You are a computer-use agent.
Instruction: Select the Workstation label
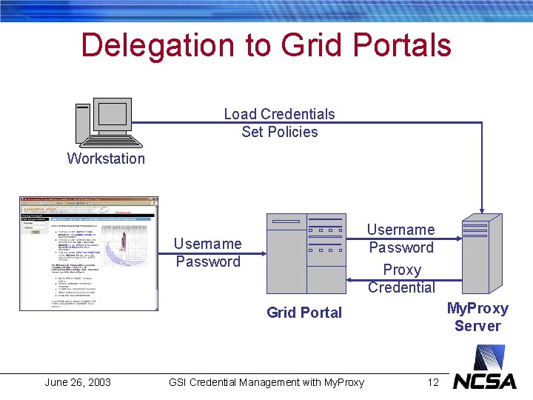click(106, 159)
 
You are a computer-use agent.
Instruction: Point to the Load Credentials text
click(279, 114)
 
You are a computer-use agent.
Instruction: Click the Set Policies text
click(279, 132)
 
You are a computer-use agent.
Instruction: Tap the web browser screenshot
click(89, 253)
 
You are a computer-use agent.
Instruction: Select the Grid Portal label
click(304, 313)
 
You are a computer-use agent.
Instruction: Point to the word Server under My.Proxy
click(477, 326)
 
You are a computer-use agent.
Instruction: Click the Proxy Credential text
click(401, 279)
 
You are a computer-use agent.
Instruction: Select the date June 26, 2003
click(78, 382)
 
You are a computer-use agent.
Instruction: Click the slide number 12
click(433, 382)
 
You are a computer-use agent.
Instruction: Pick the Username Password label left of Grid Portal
click(208, 253)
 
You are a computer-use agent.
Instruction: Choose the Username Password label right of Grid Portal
click(401, 239)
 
